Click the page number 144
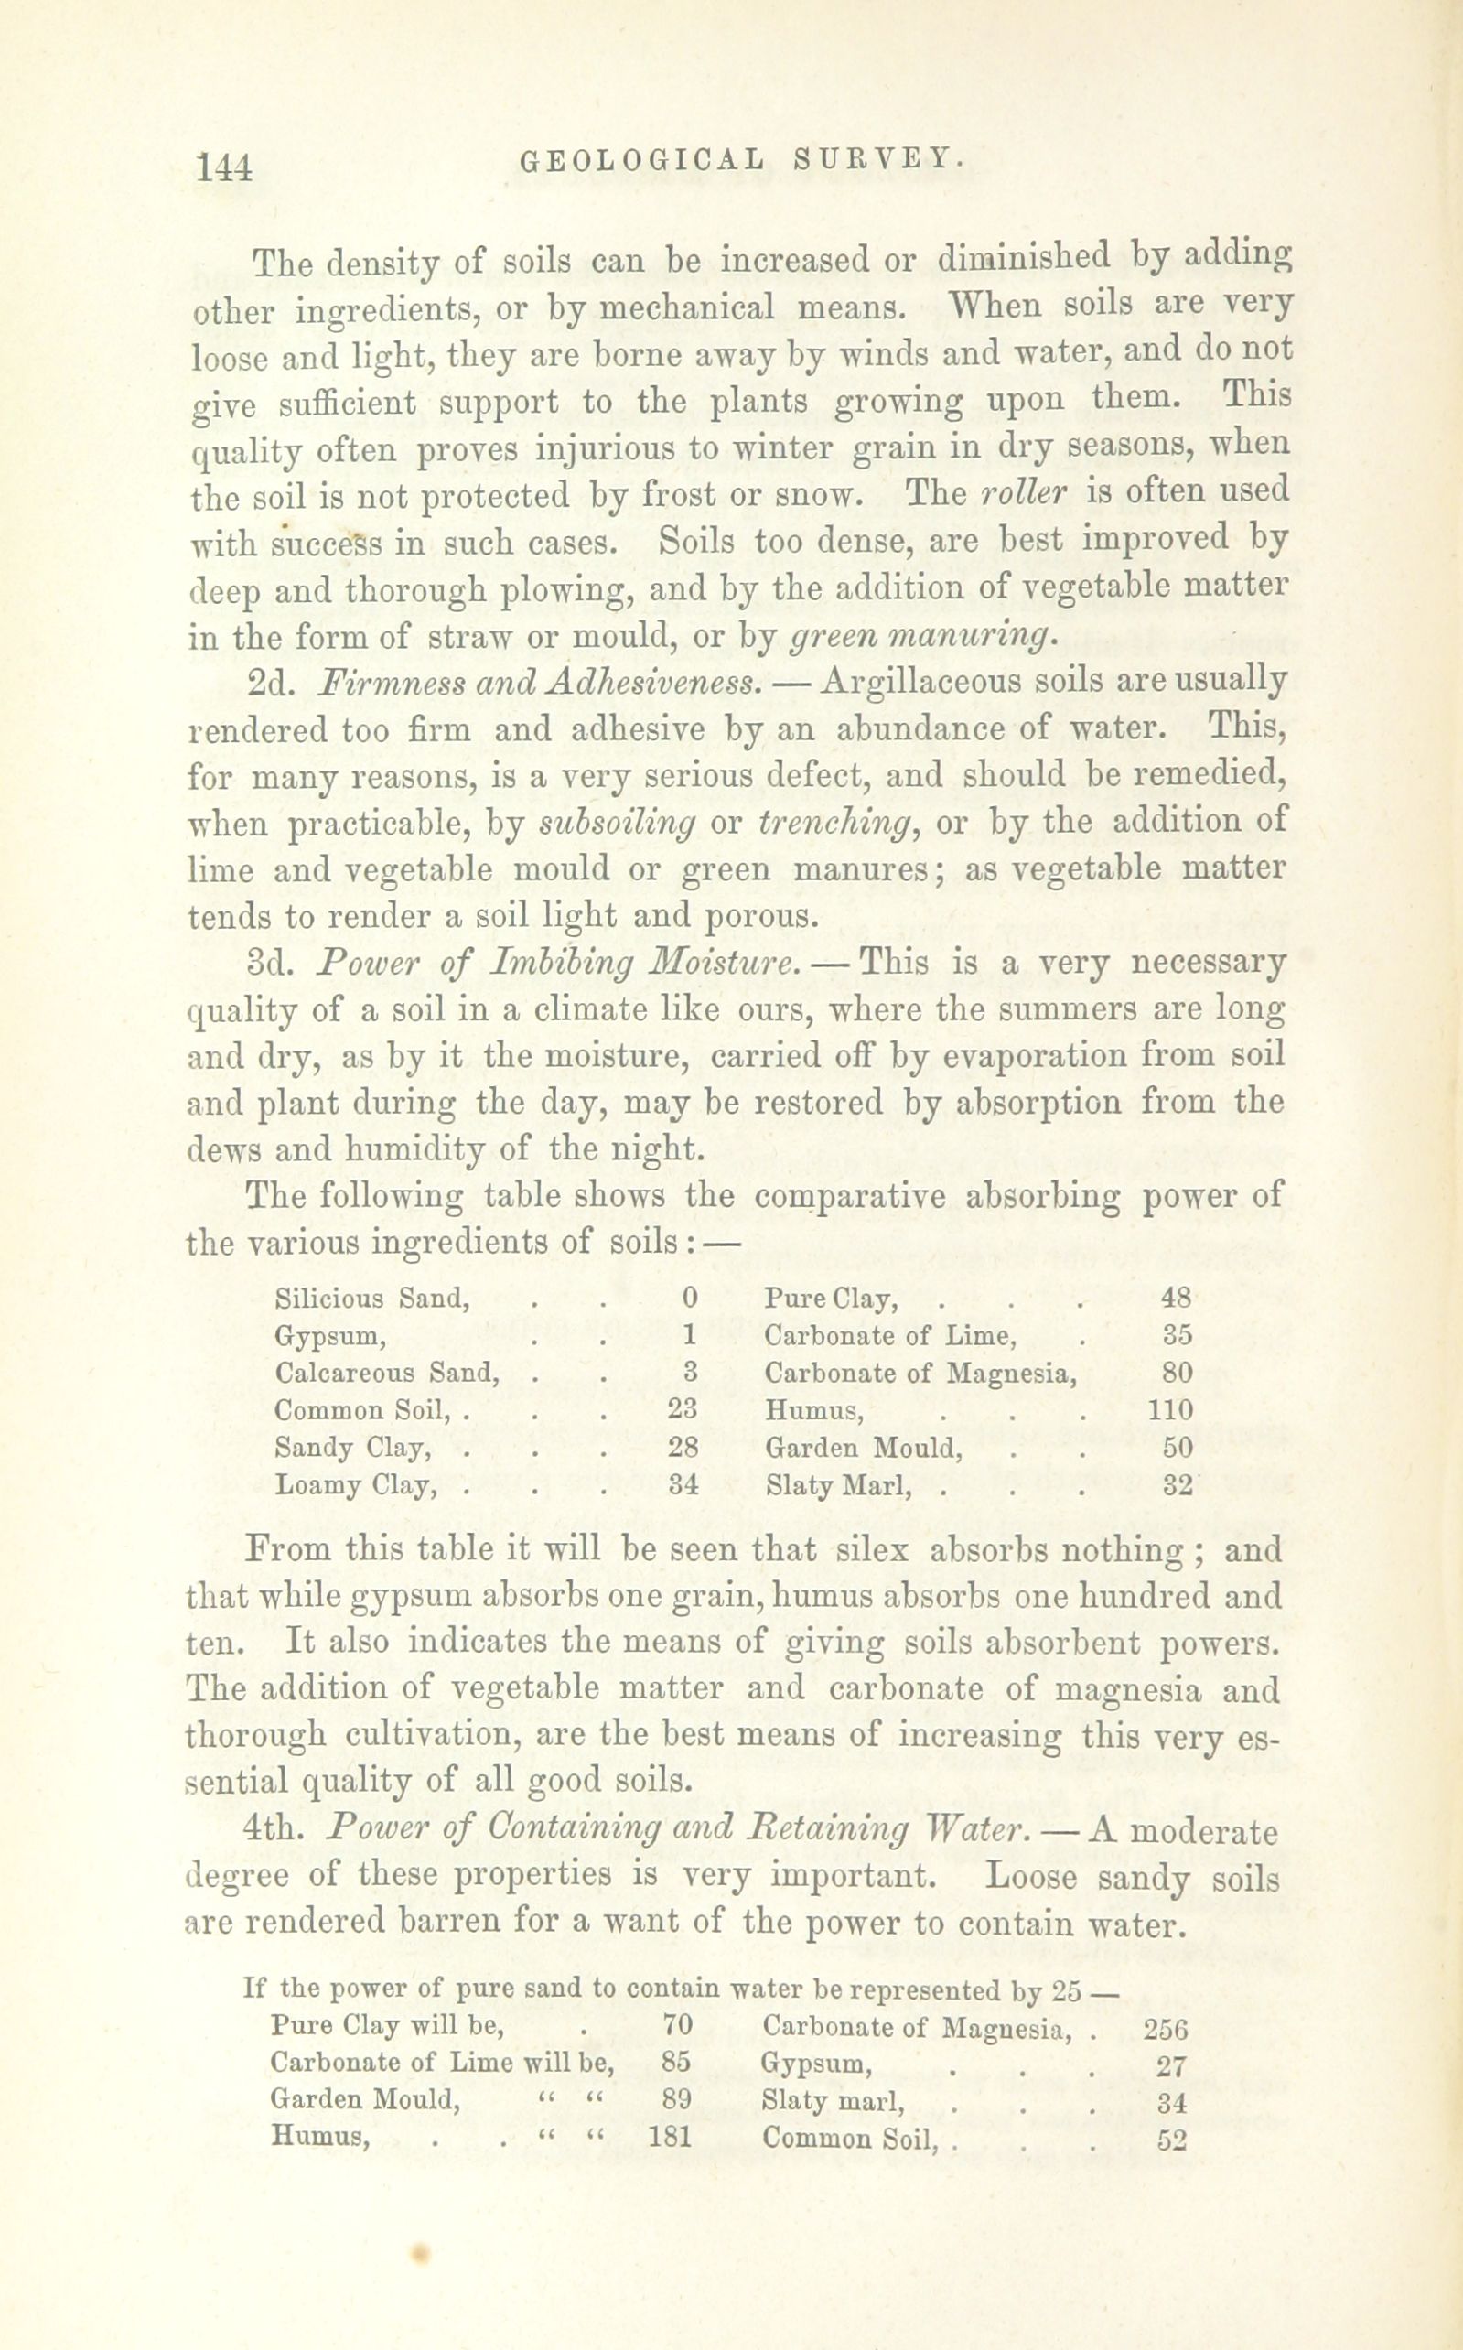(223, 167)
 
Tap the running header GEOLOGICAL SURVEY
(741, 159)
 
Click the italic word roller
(1023, 492)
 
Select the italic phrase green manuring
(920, 637)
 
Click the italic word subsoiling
(617, 823)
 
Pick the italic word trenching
(835, 823)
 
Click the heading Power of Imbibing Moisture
(560, 964)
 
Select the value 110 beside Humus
(1170, 1409)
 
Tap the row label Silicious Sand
(371, 1299)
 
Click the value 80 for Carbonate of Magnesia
(1178, 1373)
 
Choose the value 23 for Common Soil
(683, 1409)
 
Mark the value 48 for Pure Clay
(1176, 1299)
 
